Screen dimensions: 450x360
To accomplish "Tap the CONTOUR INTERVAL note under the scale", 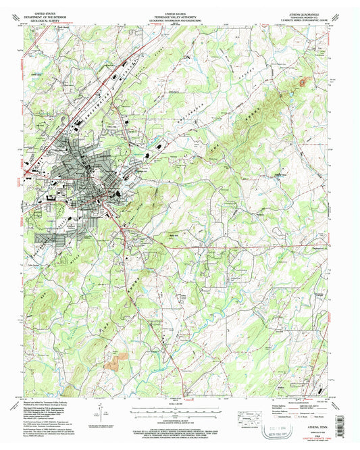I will [180, 420].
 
